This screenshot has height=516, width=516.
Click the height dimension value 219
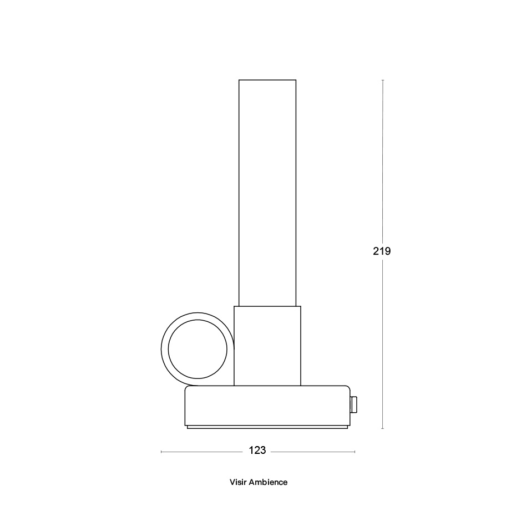point(382,251)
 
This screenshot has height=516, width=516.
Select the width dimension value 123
point(257,451)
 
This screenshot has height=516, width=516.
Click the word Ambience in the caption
point(268,482)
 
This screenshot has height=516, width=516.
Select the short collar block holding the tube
point(267,346)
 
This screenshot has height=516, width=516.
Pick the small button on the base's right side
point(353,405)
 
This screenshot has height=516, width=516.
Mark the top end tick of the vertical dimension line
point(383,80)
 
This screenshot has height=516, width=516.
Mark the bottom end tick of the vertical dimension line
point(383,428)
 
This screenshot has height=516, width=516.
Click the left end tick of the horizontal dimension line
point(161,452)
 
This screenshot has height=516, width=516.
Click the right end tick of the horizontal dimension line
point(355,452)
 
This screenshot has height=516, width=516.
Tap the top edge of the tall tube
point(267,80)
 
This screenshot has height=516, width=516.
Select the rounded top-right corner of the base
point(347,388)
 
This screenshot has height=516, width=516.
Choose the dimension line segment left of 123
point(203,452)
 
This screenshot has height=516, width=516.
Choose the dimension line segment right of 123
point(313,452)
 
